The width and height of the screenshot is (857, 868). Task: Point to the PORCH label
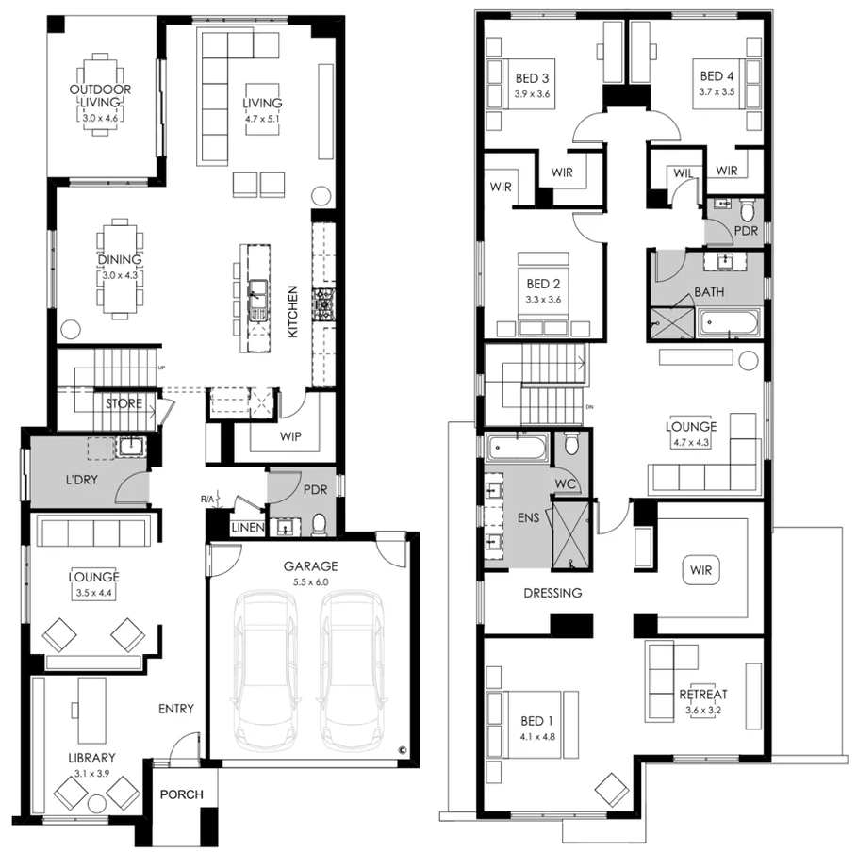pos(182,794)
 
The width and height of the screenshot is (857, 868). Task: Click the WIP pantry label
pos(290,437)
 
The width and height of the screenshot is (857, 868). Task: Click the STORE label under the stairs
pos(124,404)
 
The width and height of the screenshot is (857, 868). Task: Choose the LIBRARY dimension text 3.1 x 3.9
pos(91,772)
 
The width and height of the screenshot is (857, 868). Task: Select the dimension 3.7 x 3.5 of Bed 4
pos(717,92)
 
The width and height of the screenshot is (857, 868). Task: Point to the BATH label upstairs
pos(709,292)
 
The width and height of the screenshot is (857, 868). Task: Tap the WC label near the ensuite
pos(566,483)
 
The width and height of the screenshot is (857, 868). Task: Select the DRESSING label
pos(553,593)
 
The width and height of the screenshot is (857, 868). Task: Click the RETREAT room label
pos(703,696)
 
